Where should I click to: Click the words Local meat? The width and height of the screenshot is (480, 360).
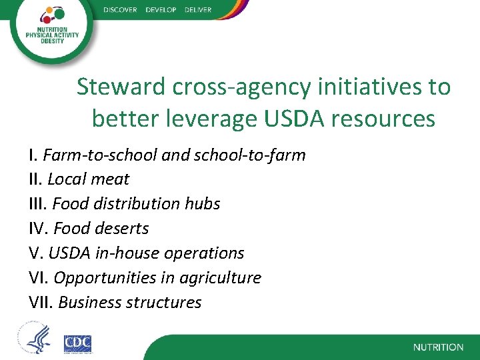click(x=88, y=179)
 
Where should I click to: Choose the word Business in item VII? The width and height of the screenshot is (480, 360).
click(x=87, y=302)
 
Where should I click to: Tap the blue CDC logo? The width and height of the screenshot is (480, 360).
click(x=77, y=343)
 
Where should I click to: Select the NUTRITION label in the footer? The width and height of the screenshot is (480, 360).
click(x=438, y=347)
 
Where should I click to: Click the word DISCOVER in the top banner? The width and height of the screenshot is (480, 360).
click(x=120, y=10)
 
